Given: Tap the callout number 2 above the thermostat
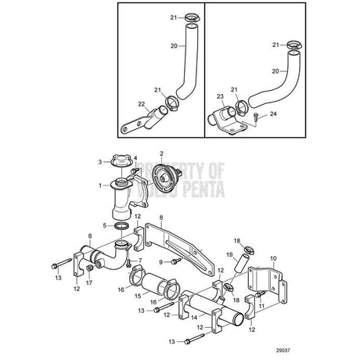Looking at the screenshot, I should click(161, 154).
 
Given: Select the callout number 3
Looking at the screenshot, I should click(100, 162).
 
